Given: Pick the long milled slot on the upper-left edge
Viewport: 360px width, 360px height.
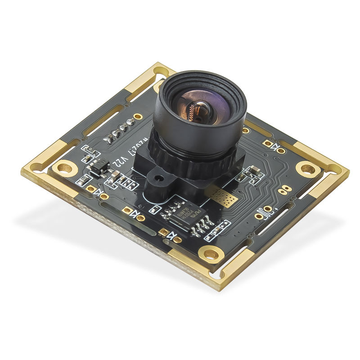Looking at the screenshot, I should click(103, 119).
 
